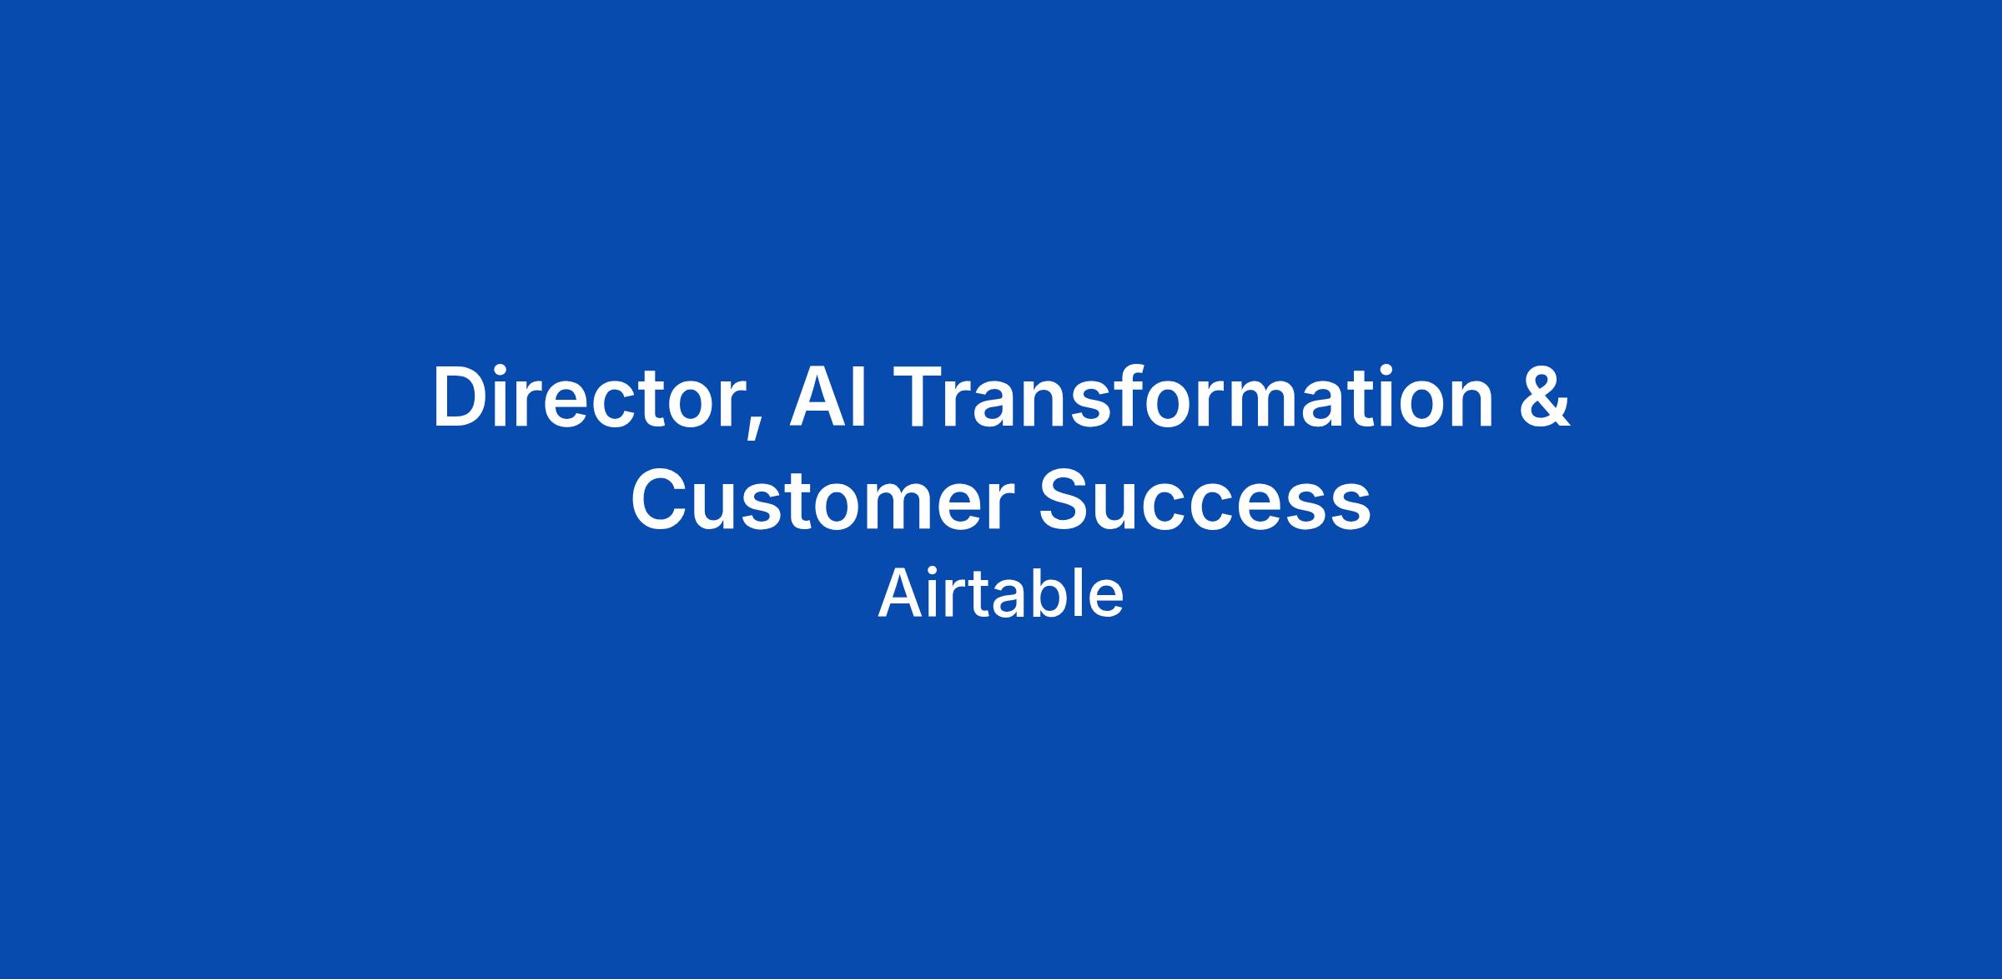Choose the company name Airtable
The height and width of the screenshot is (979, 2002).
click(1001, 593)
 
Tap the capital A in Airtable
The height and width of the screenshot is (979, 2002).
click(899, 593)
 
